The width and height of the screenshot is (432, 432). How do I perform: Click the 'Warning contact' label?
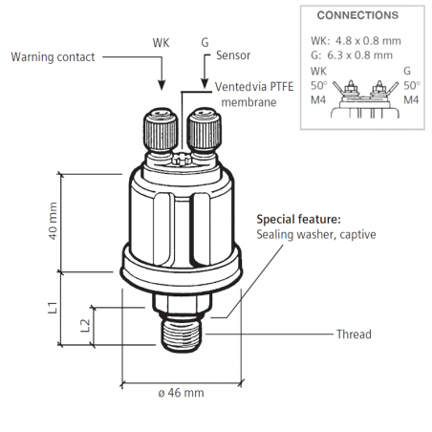click(53, 57)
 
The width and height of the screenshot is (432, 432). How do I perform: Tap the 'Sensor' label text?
click(233, 55)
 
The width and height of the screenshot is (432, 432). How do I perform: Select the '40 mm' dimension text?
click(53, 221)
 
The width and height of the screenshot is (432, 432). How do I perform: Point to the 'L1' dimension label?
click(53, 308)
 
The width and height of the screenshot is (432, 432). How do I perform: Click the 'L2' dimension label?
click(85, 326)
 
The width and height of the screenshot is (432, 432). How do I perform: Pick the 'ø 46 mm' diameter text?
click(181, 393)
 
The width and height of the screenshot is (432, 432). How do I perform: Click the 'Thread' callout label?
click(354, 335)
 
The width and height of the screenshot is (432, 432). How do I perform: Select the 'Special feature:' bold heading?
click(299, 220)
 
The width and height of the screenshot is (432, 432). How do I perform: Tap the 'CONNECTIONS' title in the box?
click(357, 15)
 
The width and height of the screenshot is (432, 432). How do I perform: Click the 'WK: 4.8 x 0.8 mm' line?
click(356, 41)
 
